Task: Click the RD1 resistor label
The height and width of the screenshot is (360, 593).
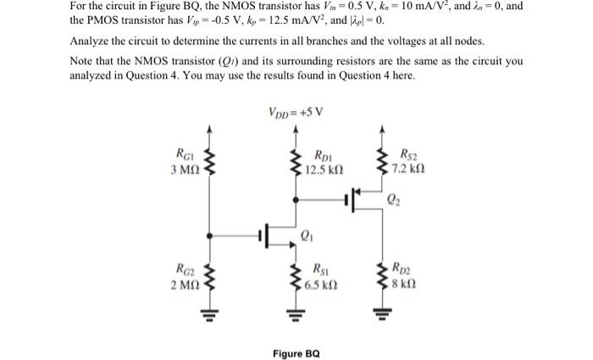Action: [323, 156]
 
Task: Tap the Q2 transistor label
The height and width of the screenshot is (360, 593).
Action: [394, 201]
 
